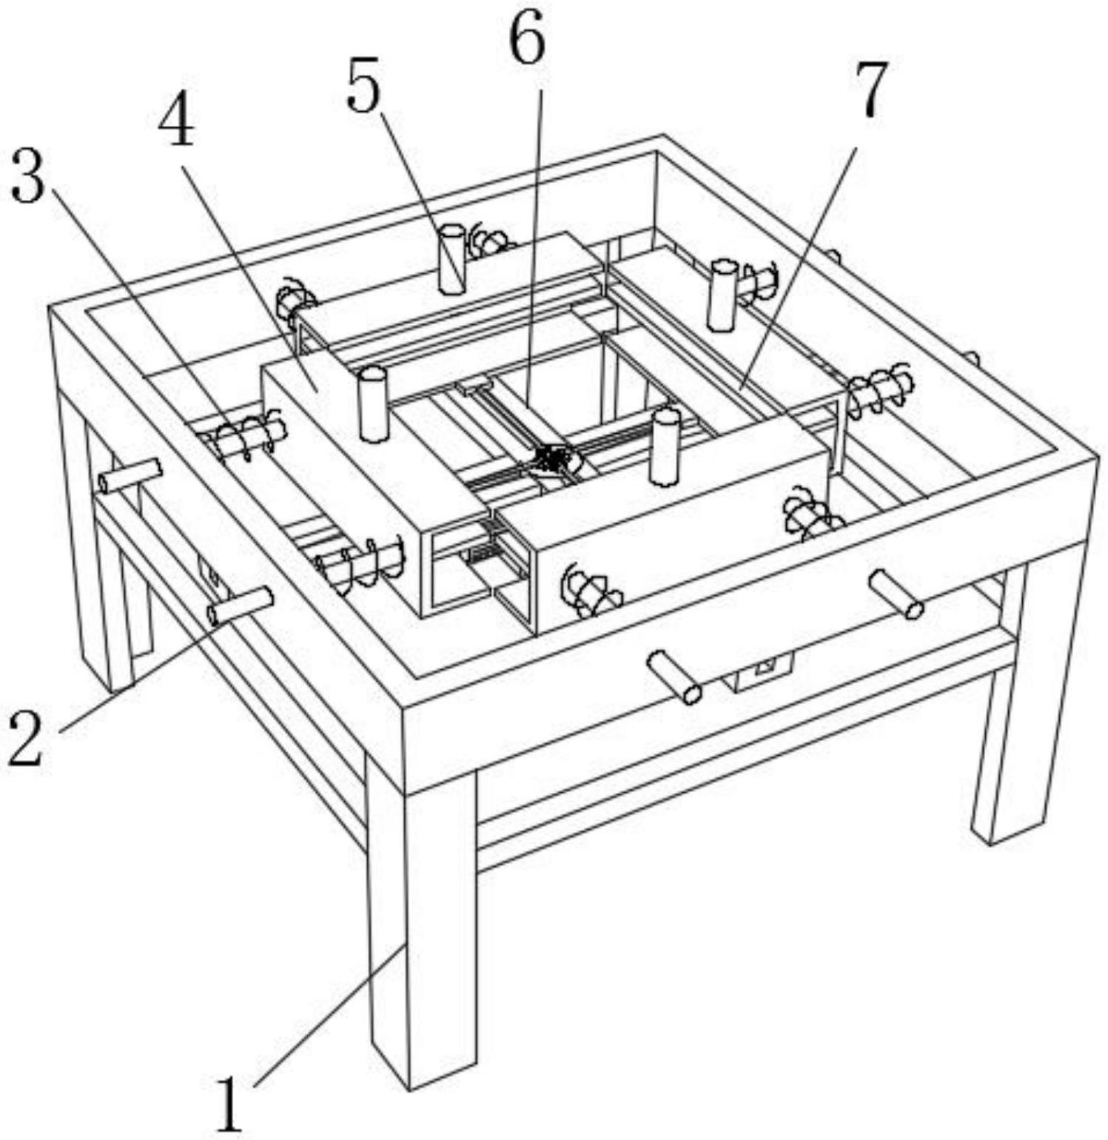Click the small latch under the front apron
coord(762,671)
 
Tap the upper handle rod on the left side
coord(130,475)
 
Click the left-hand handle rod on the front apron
coord(674,677)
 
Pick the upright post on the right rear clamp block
coord(722,294)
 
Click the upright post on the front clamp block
coord(665,447)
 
